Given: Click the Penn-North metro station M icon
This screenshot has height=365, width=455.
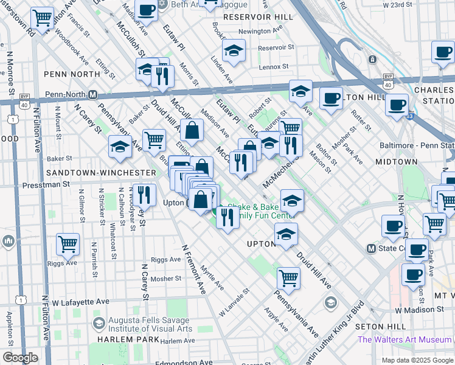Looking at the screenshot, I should (93, 95).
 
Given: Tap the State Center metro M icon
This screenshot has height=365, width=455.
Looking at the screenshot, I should (370, 249).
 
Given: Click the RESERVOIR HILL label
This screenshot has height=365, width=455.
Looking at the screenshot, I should (251, 16).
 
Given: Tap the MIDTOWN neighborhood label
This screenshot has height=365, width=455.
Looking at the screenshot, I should (396, 162).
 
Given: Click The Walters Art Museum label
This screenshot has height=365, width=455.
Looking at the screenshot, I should (406, 339).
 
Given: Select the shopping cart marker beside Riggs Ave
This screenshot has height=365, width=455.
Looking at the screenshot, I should (68, 244).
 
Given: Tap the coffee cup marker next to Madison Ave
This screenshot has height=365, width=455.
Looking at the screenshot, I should (146, 10).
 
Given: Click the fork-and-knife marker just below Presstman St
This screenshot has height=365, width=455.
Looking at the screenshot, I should (144, 195).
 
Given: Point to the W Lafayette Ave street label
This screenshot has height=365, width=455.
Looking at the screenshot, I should (80, 301).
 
